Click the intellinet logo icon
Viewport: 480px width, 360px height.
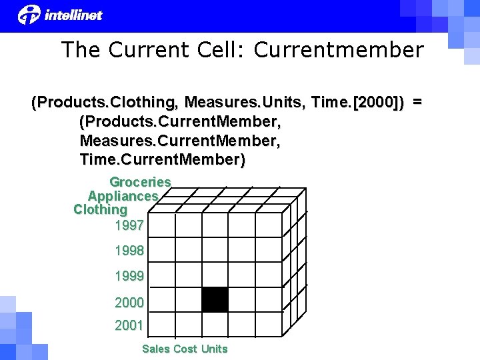click(x=29, y=13)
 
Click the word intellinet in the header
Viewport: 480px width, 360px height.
click(x=73, y=15)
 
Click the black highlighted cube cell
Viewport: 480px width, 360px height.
click(x=215, y=299)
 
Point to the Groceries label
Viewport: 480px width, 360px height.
click(x=140, y=182)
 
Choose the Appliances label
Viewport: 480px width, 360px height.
click(x=123, y=196)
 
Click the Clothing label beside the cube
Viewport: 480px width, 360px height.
click(x=100, y=209)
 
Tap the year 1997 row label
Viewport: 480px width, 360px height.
click(x=129, y=225)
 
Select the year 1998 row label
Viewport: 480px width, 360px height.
click(x=129, y=251)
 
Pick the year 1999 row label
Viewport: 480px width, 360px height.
click(x=129, y=276)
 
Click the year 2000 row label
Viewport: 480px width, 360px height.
click(x=129, y=303)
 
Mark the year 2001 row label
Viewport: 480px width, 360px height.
click(x=129, y=326)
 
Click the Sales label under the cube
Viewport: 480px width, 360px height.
click(x=156, y=349)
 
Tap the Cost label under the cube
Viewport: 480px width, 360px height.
click(x=185, y=349)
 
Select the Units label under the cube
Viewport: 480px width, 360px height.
click(x=214, y=349)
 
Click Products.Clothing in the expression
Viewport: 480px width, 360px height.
click(x=104, y=103)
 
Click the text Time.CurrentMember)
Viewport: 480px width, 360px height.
click(x=162, y=160)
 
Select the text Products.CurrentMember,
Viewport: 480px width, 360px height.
click(x=180, y=122)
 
